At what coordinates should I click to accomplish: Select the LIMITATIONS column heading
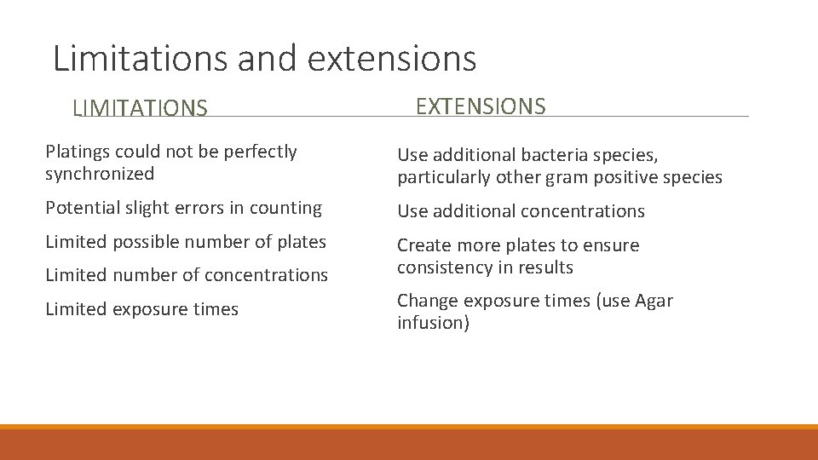click(140, 108)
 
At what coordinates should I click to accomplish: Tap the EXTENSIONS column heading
click(480, 106)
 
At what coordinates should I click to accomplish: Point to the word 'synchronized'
click(100, 174)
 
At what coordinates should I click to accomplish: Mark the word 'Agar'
click(653, 302)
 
